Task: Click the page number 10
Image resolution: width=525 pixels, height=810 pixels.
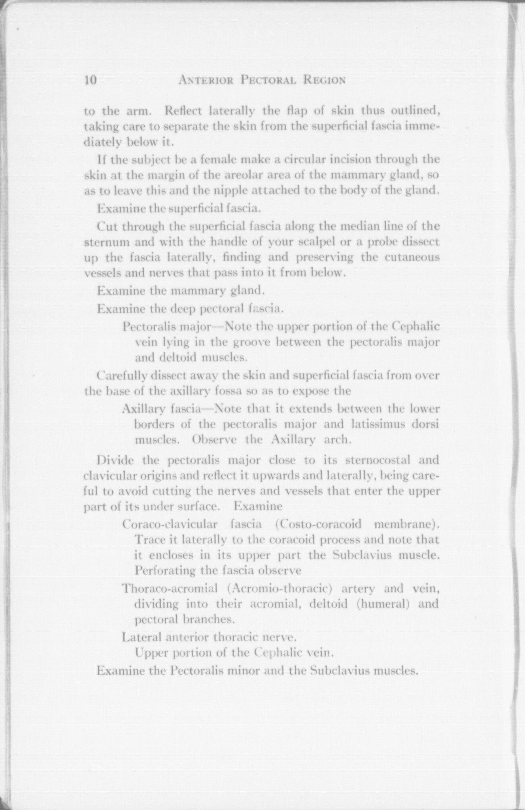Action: (x=91, y=80)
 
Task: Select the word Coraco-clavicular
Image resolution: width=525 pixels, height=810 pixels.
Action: (x=170, y=524)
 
